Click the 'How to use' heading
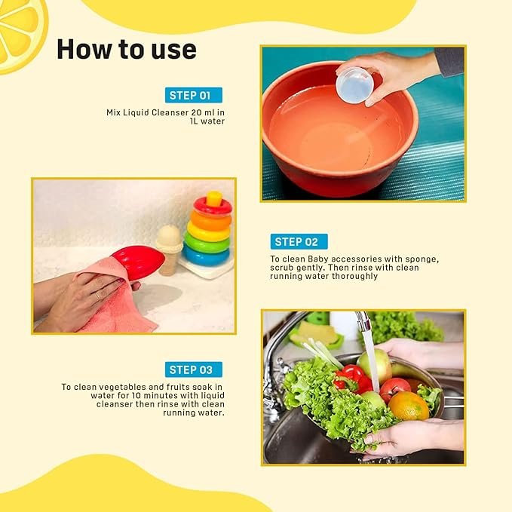coord(127,50)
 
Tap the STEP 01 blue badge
coord(194,95)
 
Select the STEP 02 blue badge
coord(299,241)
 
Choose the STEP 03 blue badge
coord(194,369)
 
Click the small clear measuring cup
coord(354,84)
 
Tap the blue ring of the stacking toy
coord(206,256)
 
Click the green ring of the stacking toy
coord(207,241)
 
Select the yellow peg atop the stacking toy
coord(214,198)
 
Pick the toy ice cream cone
coord(168,249)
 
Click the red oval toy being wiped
coord(139,262)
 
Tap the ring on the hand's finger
coord(98,296)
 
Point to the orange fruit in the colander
coord(409,406)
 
